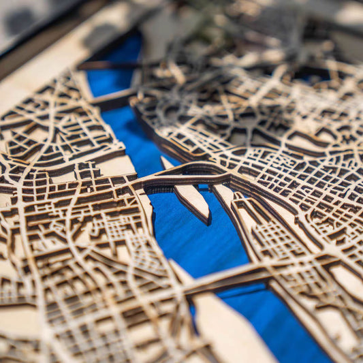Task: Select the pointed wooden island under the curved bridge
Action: [193, 200]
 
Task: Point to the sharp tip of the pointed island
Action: [207, 221]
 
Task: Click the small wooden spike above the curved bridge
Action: [165, 162]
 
